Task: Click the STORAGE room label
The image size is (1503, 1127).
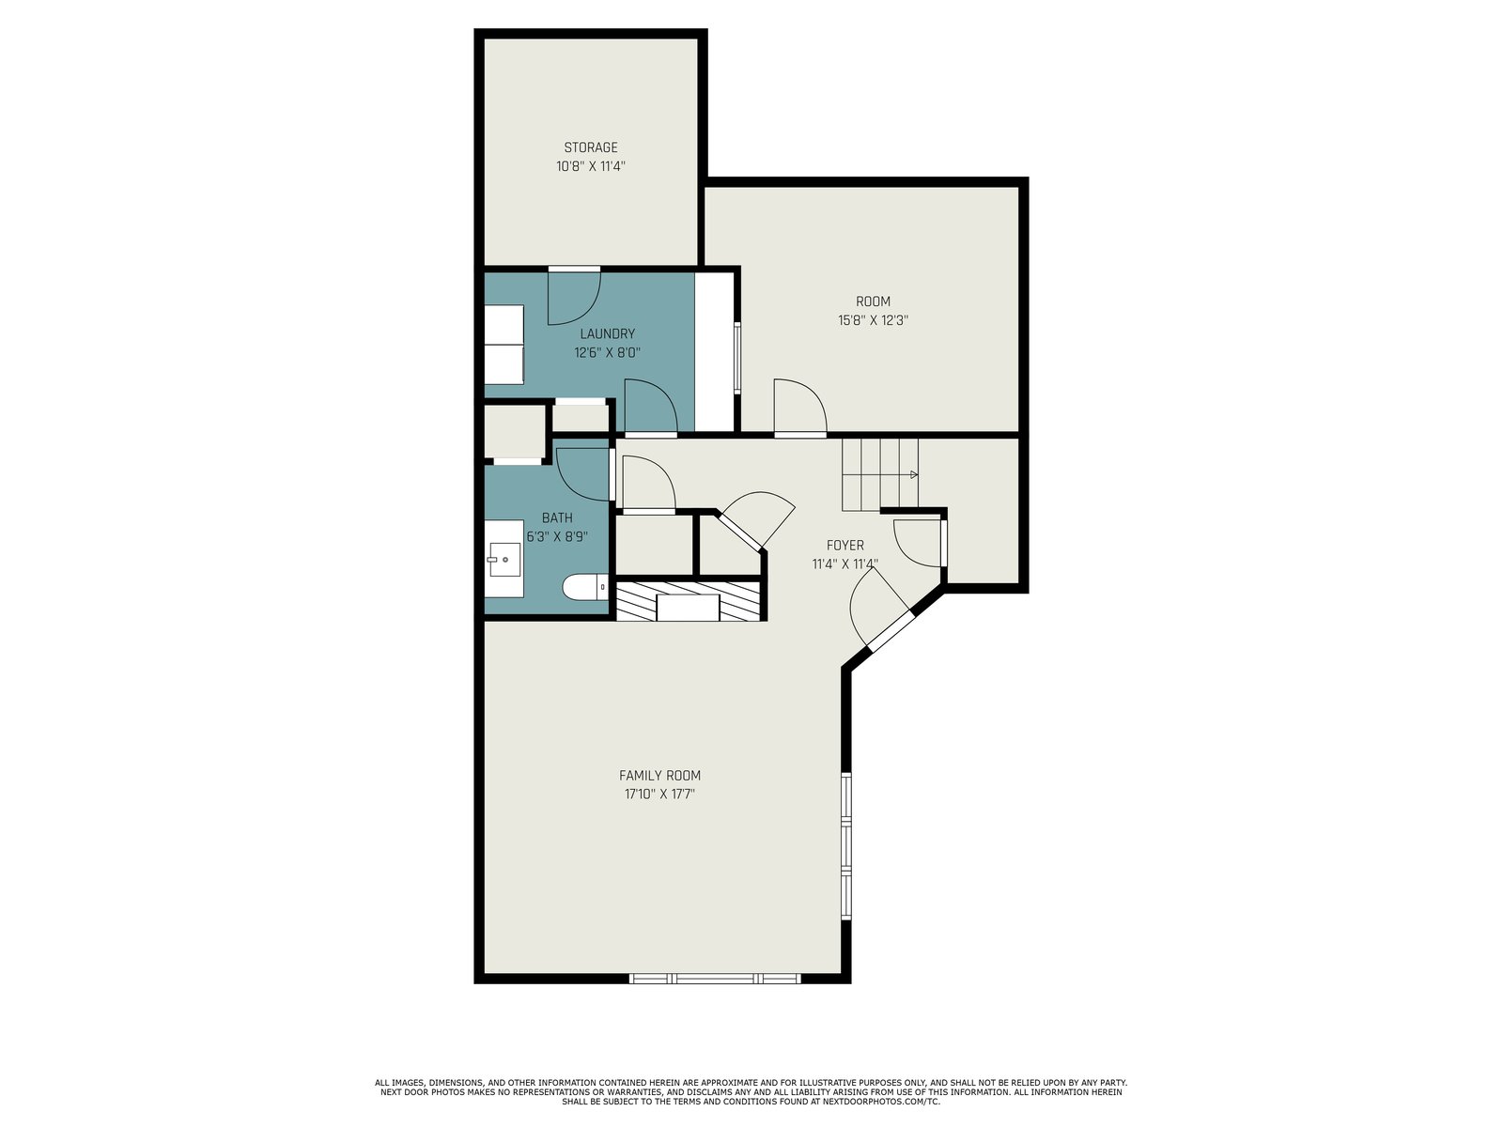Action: point(590,147)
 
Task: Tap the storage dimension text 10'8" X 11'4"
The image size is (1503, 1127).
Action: point(590,166)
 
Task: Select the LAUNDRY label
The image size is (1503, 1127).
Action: point(608,334)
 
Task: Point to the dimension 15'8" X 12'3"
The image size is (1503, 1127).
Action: point(873,320)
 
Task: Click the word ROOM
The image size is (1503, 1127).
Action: point(873,301)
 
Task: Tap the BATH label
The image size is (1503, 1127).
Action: point(557,518)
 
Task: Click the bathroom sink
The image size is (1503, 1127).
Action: point(504,559)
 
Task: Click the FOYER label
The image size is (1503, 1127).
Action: point(844,546)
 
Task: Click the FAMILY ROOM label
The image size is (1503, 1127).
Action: point(659,776)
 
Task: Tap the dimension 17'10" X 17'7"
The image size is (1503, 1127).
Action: point(659,795)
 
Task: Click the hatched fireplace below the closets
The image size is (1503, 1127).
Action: point(689,601)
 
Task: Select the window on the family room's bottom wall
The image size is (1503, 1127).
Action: point(715,979)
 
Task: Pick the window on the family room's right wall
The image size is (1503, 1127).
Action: point(846,846)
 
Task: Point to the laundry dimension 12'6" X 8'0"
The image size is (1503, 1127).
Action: point(608,353)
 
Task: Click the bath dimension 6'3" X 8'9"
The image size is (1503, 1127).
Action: point(557,537)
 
